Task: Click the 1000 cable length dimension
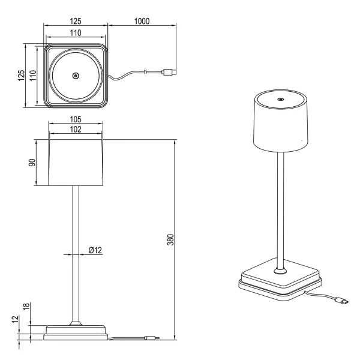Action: [142, 21]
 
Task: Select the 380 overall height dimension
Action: [170, 239]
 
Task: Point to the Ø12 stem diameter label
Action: [94, 249]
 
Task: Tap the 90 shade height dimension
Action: [32, 163]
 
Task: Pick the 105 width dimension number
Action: [75, 119]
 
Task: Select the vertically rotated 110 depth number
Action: [33, 76]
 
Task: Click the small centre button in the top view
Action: [76, 76]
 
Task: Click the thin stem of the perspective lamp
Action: [280, 210]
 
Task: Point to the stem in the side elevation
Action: [75, 252]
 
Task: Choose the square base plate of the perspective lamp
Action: [280, 278]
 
